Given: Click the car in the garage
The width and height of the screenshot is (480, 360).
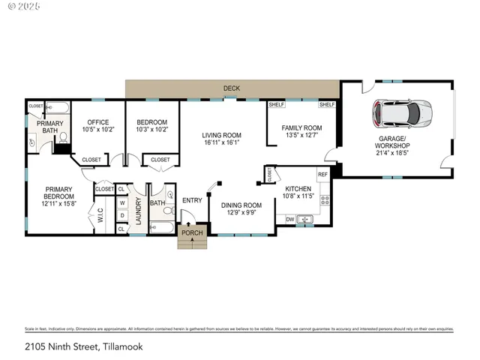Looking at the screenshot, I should tap(403, 114).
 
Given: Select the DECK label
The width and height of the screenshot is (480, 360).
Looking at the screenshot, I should tap(232, 88).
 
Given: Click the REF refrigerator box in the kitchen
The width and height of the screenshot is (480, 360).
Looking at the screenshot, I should tap(323, 174).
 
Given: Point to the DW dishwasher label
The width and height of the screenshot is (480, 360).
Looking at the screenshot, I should tap(289, 219).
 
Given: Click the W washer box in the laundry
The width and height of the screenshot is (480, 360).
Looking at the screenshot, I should tap(121, 202).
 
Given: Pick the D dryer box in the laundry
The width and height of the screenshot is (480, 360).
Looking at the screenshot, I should tap(121, 216).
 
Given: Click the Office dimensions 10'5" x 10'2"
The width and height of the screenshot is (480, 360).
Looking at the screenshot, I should tap(98, 130).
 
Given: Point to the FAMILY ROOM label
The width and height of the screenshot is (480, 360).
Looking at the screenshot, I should tap(301, 127).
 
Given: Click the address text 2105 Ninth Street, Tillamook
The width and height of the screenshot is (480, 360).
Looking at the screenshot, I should tap(83, 346).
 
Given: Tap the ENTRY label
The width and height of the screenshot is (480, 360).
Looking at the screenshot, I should tap(193, 199).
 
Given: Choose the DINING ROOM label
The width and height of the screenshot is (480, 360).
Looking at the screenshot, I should tap(241, 205).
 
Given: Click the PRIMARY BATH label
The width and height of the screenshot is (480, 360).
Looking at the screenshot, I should tap(49, 126).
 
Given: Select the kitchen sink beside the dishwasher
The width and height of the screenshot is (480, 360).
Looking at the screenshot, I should tap(304, 219).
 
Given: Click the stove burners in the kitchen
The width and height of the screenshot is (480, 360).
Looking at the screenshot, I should tap(325, 199).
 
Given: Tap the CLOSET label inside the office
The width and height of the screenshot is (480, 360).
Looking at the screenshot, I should tap(91, 160).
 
